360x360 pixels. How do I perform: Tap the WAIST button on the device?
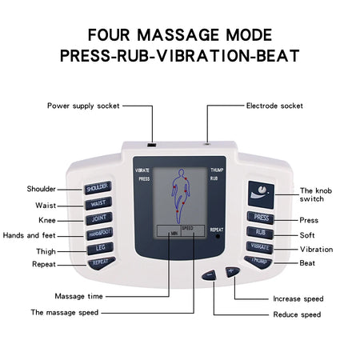[x=96, y=203]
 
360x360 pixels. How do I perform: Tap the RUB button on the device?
[x=260, y=232]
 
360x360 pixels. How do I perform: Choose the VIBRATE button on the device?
[x=260, y=247]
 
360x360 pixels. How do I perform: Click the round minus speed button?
[x=210, y=276]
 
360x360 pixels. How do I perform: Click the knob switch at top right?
[x=260, y=192]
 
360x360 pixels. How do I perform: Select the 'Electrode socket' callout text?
[x=274, y=106]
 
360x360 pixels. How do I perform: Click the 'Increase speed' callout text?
[x=298, y=298]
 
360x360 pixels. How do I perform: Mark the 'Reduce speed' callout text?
[x=297, y=314]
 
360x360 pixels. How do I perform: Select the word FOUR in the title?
[x=111, y=35]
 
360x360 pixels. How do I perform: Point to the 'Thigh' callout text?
[x=45, y=250]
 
